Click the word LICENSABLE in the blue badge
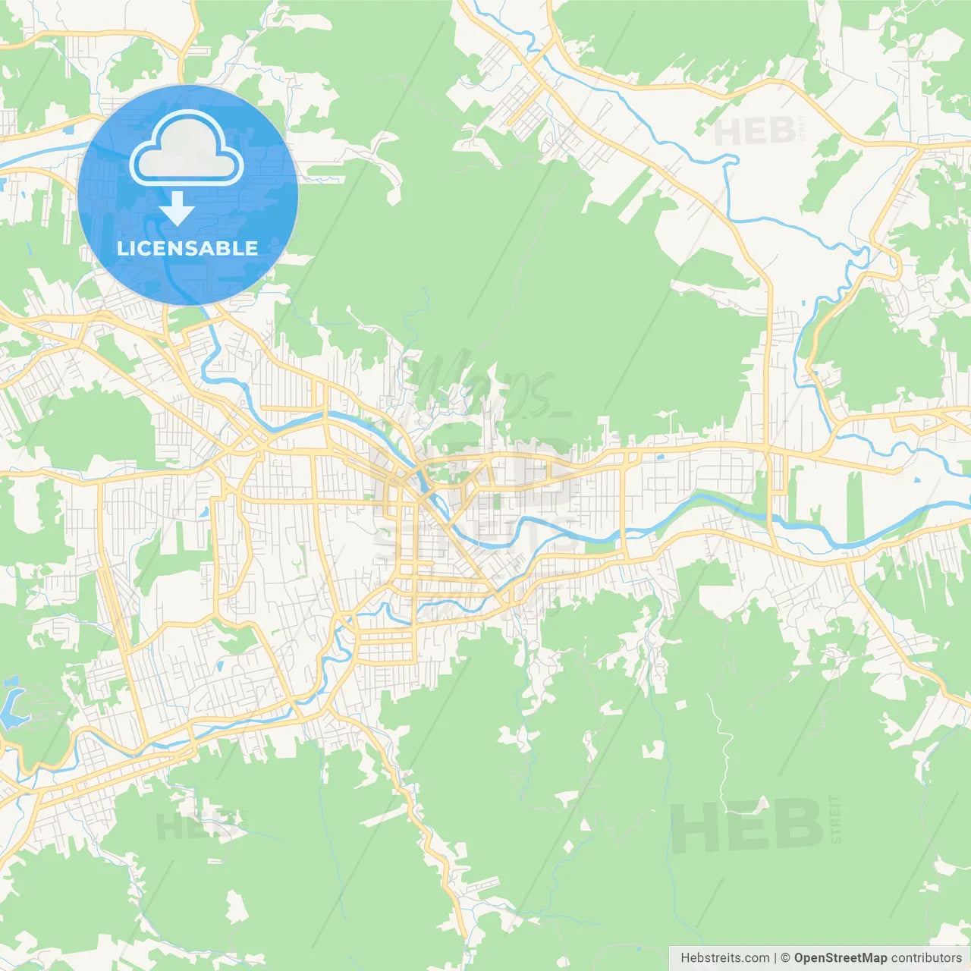(187, 248)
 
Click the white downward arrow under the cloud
(177, 209)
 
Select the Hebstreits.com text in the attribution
(724, 957)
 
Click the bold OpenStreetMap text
(840, 957)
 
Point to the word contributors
(925, 957)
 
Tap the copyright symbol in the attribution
(785, 957)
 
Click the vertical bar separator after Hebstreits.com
(775, 957)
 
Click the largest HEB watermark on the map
(747, 825)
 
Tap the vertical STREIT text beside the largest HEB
(836, 819)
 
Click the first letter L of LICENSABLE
(122, 248)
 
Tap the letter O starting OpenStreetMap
(800, 957)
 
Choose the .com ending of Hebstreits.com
(756, 957)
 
